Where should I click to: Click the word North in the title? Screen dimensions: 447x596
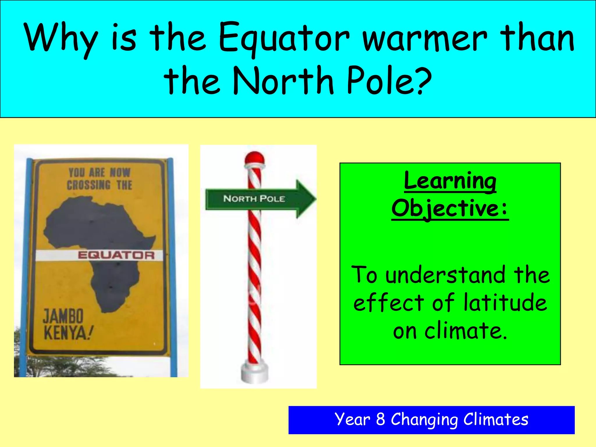tap(283, 80)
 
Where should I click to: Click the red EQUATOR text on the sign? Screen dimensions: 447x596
tap(116, 255)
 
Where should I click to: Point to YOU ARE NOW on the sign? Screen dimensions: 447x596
tap(99, 172)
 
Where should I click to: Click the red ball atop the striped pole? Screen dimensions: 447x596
tap(254, 158)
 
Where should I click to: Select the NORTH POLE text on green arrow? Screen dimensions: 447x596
tap(254, 199)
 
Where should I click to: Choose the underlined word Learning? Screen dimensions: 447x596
tap(450, 181)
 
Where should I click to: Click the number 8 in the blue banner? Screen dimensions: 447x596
tap(381, 419)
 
